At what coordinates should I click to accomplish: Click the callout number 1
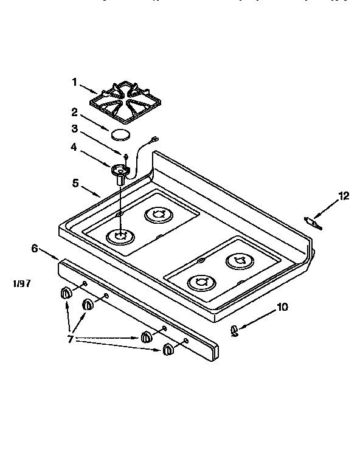coord(75,82)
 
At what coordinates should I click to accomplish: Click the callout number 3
coord(74,128)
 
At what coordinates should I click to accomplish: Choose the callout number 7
coord(71,339)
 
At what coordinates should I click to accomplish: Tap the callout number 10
coord(282,307)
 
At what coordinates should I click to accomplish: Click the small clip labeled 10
coord(234,330)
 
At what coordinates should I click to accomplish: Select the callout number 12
coord(345,195)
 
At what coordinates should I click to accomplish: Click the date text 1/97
coord(23,283)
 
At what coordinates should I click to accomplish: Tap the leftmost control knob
coord(66,294)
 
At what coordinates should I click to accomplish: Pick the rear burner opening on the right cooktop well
coord(238,261)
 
